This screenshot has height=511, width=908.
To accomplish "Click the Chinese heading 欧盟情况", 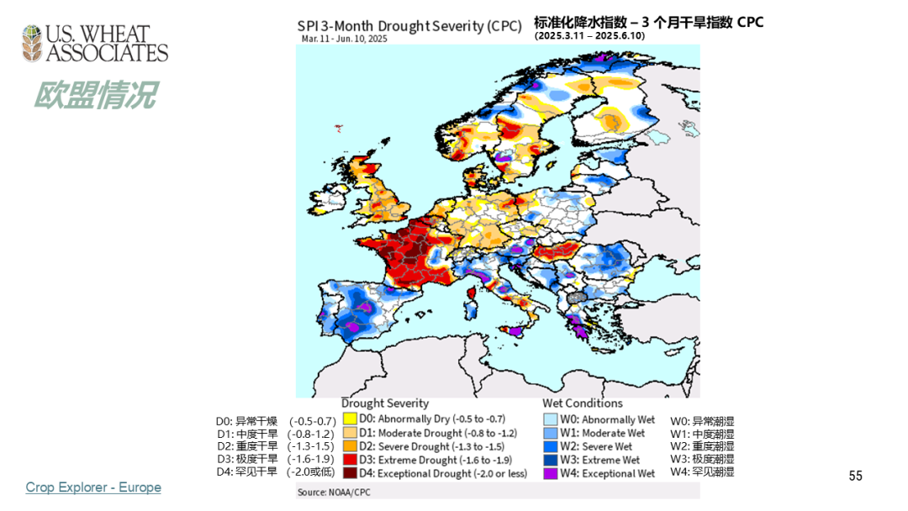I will pos(94,95).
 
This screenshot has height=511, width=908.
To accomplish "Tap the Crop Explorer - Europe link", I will pos(93,487).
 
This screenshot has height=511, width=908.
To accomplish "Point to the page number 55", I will pos(856,477).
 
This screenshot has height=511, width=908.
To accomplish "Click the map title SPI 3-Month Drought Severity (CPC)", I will pos(410,25).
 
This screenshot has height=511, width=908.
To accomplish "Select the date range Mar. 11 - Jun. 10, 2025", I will pos(346,39).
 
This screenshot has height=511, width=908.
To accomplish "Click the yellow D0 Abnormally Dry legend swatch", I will pos(349,419).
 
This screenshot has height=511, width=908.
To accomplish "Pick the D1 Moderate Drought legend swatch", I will pos(349,433).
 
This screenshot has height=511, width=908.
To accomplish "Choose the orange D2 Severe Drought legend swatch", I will pos(349,446).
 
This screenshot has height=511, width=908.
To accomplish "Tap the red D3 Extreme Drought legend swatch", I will pos(349,460).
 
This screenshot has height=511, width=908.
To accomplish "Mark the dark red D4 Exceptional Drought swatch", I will pos(349,473).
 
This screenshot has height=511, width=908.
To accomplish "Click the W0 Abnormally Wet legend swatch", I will pos(550,419).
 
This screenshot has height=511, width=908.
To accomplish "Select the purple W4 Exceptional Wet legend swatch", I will pos(550,473).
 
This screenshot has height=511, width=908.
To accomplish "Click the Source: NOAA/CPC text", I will pos(332,492).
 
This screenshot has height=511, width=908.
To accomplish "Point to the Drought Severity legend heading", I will pos(384,403).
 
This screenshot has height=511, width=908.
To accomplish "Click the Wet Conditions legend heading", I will pos(583,403).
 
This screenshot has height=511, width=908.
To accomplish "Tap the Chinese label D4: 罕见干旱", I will pos(246,471).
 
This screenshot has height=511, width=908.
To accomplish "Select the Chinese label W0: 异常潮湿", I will pos(702,420).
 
